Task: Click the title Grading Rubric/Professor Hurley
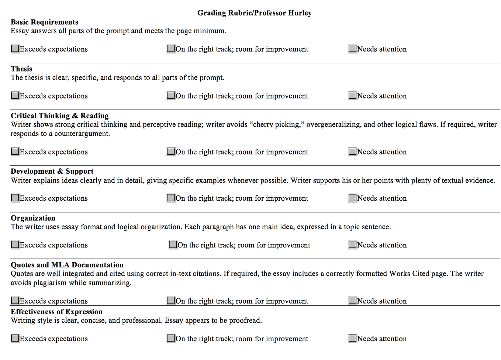[255, 13]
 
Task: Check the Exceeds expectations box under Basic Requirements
[15, 49]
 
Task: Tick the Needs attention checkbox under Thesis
[353, 96]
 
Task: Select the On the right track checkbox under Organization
[173, 245]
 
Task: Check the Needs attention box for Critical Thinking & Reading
[353, 152]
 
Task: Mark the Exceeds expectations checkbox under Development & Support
[15, 198]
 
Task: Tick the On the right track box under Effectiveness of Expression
[171, 338]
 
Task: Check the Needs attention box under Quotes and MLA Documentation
[353, 301]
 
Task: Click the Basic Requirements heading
[44, 22]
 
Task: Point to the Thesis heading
[21, 69]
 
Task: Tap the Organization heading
[33, 218]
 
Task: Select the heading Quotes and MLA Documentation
[67, 265]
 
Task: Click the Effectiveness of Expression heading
[56, 312]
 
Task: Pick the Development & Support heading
[52, 171]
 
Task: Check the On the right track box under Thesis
[171, 96]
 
